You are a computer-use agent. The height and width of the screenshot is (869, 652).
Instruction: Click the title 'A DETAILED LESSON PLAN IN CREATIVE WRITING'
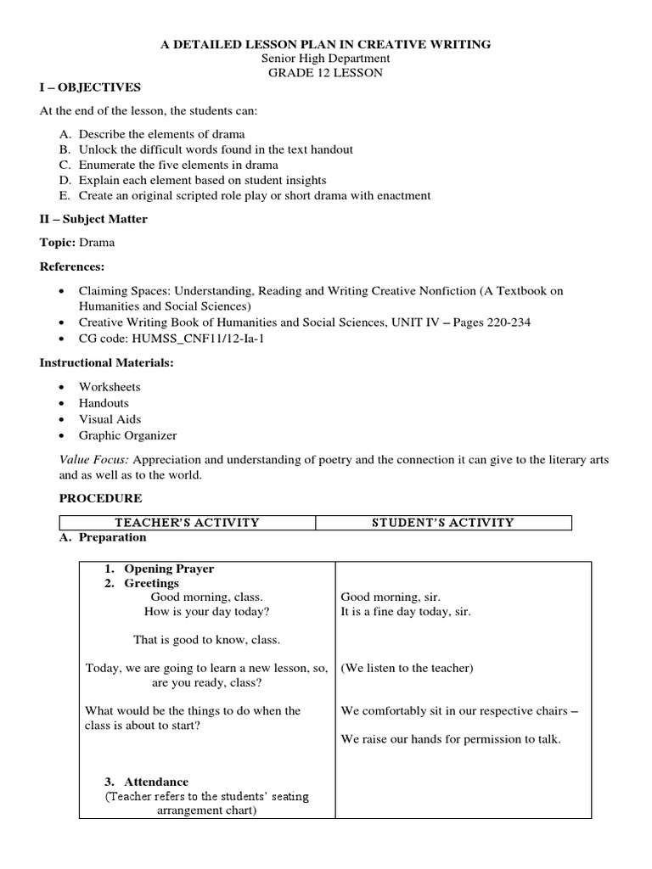325,44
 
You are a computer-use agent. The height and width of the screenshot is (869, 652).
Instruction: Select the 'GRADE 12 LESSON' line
325,73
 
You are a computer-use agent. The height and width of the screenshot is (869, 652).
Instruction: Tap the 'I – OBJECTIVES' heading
91,87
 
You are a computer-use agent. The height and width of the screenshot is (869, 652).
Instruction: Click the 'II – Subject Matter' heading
93,219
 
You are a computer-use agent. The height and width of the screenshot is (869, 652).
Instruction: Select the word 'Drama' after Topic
97,243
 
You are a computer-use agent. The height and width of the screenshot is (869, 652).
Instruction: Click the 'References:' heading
72,266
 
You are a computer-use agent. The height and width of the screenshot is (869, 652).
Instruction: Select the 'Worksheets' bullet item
110,387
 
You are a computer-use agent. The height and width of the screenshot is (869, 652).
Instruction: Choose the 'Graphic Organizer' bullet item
127,435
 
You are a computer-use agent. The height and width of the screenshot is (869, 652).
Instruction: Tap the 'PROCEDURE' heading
91,499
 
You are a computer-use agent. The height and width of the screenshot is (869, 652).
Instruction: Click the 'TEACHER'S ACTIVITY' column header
187,523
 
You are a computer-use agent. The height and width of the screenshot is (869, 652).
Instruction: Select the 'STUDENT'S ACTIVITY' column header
442,523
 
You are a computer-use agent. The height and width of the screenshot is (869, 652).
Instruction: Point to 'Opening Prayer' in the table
169,569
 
